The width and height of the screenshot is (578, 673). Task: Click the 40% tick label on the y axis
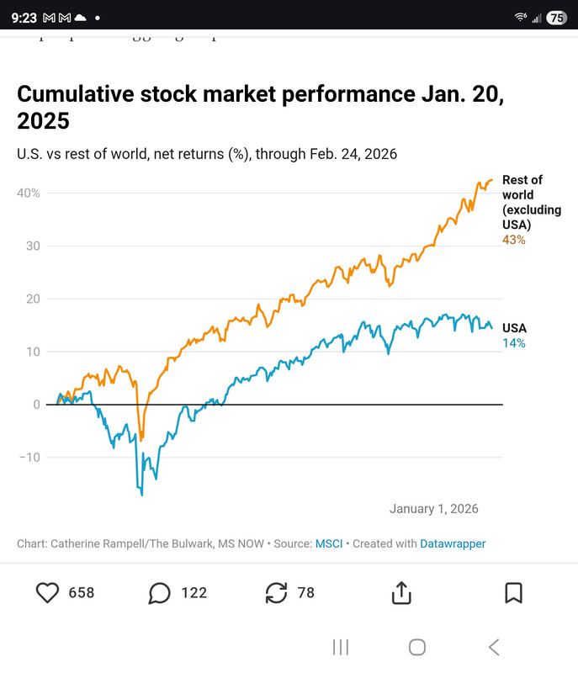29,193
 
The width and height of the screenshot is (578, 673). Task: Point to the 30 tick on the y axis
31,246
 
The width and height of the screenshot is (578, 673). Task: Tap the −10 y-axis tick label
29,458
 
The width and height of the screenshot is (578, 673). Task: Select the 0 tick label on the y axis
36,405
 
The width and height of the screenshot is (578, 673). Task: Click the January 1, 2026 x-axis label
433,509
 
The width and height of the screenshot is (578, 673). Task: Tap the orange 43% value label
513,240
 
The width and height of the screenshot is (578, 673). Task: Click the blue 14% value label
513,343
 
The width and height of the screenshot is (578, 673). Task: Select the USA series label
515,328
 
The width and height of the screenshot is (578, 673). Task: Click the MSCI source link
328,543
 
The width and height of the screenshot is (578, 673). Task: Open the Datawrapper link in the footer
453,543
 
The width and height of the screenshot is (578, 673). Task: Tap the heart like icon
48,593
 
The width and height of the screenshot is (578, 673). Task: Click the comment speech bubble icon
159,593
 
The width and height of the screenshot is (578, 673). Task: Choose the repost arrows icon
276,593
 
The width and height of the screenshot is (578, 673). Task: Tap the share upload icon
401,593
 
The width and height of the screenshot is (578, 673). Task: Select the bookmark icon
513,593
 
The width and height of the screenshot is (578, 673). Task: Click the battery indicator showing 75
556,17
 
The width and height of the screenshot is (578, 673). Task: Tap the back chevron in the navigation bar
494,647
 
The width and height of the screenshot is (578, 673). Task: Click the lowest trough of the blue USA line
141,495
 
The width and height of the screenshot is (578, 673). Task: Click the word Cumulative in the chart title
75,93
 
